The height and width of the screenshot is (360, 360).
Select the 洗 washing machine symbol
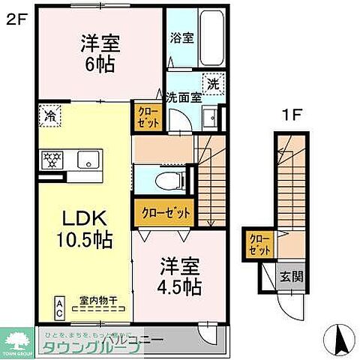coord(214,84)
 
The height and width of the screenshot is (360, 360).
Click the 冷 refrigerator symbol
coord(49,117)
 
